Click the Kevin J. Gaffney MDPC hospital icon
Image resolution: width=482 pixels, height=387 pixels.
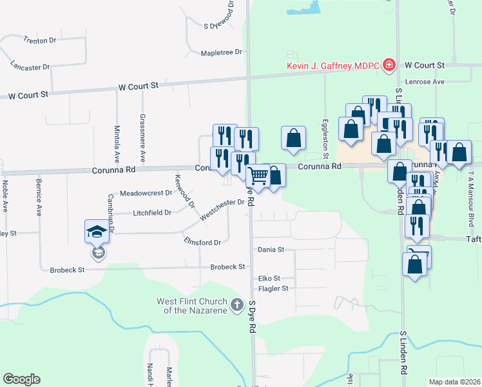[389, 65]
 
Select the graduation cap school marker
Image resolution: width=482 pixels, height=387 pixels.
[97, 232]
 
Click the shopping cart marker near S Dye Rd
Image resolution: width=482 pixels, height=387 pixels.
[258, 175]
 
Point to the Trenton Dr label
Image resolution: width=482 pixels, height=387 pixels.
[40, 40]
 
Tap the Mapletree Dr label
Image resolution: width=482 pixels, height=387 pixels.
[221, 52]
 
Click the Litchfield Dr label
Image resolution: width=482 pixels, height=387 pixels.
[152, 212]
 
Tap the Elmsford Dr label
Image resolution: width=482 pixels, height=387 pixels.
[202, 243]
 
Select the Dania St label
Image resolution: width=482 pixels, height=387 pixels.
[271, 249]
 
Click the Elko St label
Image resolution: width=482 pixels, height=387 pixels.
[268, 279]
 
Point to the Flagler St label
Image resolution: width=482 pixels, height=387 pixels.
[273, 288]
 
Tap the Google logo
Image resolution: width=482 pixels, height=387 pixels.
[21, 379]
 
